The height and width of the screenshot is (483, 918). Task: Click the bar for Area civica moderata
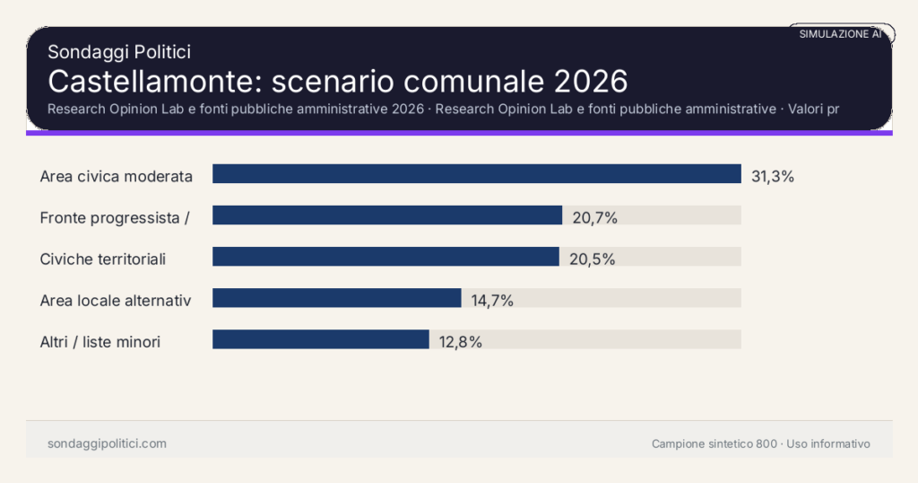tap(476, 174)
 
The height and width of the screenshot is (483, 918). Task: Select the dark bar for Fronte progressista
tap(386, 215)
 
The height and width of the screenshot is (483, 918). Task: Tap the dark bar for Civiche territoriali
tap(385, 257)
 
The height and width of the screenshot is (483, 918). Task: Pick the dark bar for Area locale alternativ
tap(336, 298)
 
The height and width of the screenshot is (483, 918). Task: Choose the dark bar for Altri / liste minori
tap(320, 339)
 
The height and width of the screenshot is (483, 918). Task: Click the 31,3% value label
tap(773, 176)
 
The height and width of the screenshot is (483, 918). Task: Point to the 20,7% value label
tap(594, 217)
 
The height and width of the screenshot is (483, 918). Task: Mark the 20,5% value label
tap(592, 259)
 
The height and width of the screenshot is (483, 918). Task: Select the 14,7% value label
tap(492, 300)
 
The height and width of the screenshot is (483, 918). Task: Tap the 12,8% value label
tap(461, 341)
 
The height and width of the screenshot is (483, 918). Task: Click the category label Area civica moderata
tap(117, 176)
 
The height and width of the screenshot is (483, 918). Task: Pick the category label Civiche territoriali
tap(103, 259)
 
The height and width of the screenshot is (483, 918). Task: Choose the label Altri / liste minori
tap(100, 341)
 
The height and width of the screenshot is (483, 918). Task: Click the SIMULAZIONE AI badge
tap(840, 34)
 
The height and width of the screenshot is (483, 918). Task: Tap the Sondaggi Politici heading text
tap(119, 53)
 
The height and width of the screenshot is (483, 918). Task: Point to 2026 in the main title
tap(590, 81)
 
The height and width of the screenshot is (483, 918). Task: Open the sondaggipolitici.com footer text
tap(107, 443)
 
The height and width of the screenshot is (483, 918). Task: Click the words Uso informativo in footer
tap(828, 443)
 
